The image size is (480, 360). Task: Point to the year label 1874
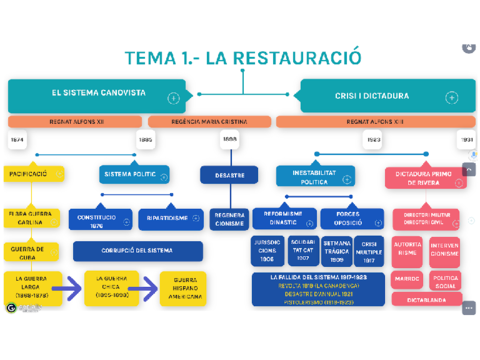click(x=17, y=140)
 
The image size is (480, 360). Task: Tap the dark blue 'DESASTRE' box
click(x=229, y=175)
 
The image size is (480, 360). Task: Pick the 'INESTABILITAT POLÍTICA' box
click(x=314, y=177)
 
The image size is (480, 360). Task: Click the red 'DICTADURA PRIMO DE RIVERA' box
click(x=425, y=178)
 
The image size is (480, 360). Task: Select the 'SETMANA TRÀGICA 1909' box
click(x=338, y=251)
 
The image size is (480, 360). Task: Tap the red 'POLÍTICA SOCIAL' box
click(x=446, y=280)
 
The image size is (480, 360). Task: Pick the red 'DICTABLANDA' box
click(x=426, y=299)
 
